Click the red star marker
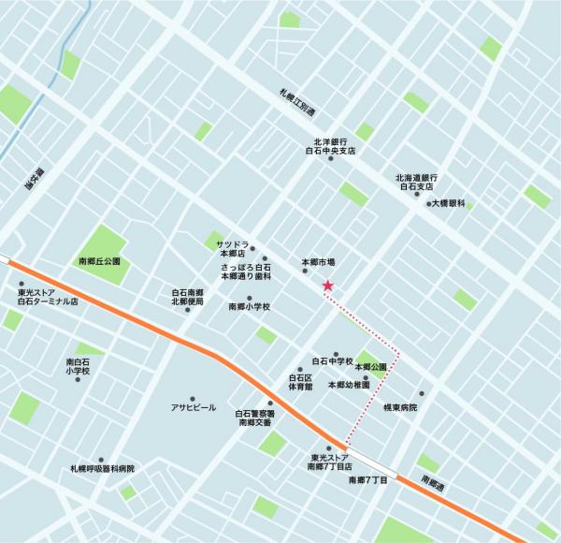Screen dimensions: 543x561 point(327,286)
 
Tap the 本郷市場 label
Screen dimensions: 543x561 point(318,262)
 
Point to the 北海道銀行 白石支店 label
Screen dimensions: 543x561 point(417,182)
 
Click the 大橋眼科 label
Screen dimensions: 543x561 point(449,203)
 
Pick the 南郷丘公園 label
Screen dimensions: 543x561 point(100,262)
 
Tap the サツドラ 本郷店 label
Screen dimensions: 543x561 point(231,248)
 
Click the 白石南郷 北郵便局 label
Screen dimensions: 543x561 point(187,298)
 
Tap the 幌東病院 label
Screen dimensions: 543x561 point(400,407)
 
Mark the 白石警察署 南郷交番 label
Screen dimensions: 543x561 point(254,418)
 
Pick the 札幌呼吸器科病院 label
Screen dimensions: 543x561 point(103,469)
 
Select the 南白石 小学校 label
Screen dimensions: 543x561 point(79,367)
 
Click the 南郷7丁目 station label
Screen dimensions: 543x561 point(367,479)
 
